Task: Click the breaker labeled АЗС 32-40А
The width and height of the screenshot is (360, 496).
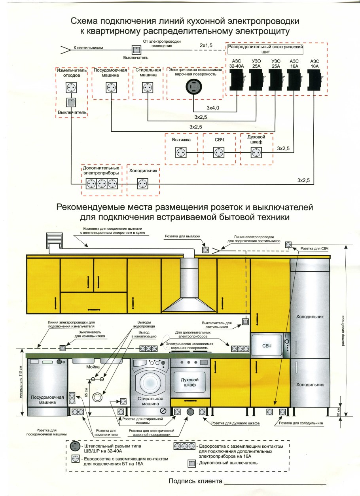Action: (237, 80)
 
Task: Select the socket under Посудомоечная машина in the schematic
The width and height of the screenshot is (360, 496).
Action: (111, 87)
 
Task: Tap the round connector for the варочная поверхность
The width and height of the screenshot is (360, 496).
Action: (194, 87)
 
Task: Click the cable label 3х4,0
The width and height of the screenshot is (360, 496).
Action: (213, 108)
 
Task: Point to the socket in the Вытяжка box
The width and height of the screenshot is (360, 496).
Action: (181, 153)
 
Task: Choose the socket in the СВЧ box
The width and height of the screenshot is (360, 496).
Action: (219, 153)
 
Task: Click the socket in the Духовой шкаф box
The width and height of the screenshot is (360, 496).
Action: (256, 153)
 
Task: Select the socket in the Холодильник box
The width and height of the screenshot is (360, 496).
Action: (142, 184)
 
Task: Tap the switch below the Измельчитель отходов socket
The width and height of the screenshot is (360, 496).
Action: (71, 102)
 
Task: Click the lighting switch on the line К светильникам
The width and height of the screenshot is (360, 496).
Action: (136, 50)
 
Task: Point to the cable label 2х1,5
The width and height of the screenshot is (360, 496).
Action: (206, 45)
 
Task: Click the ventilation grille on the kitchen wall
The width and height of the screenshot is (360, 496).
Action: (55, 240)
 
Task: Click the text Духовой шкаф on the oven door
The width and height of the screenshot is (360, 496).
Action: (189, 382)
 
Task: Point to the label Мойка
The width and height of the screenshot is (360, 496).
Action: (93, 367)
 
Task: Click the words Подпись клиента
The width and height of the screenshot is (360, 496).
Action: (195, 481)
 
